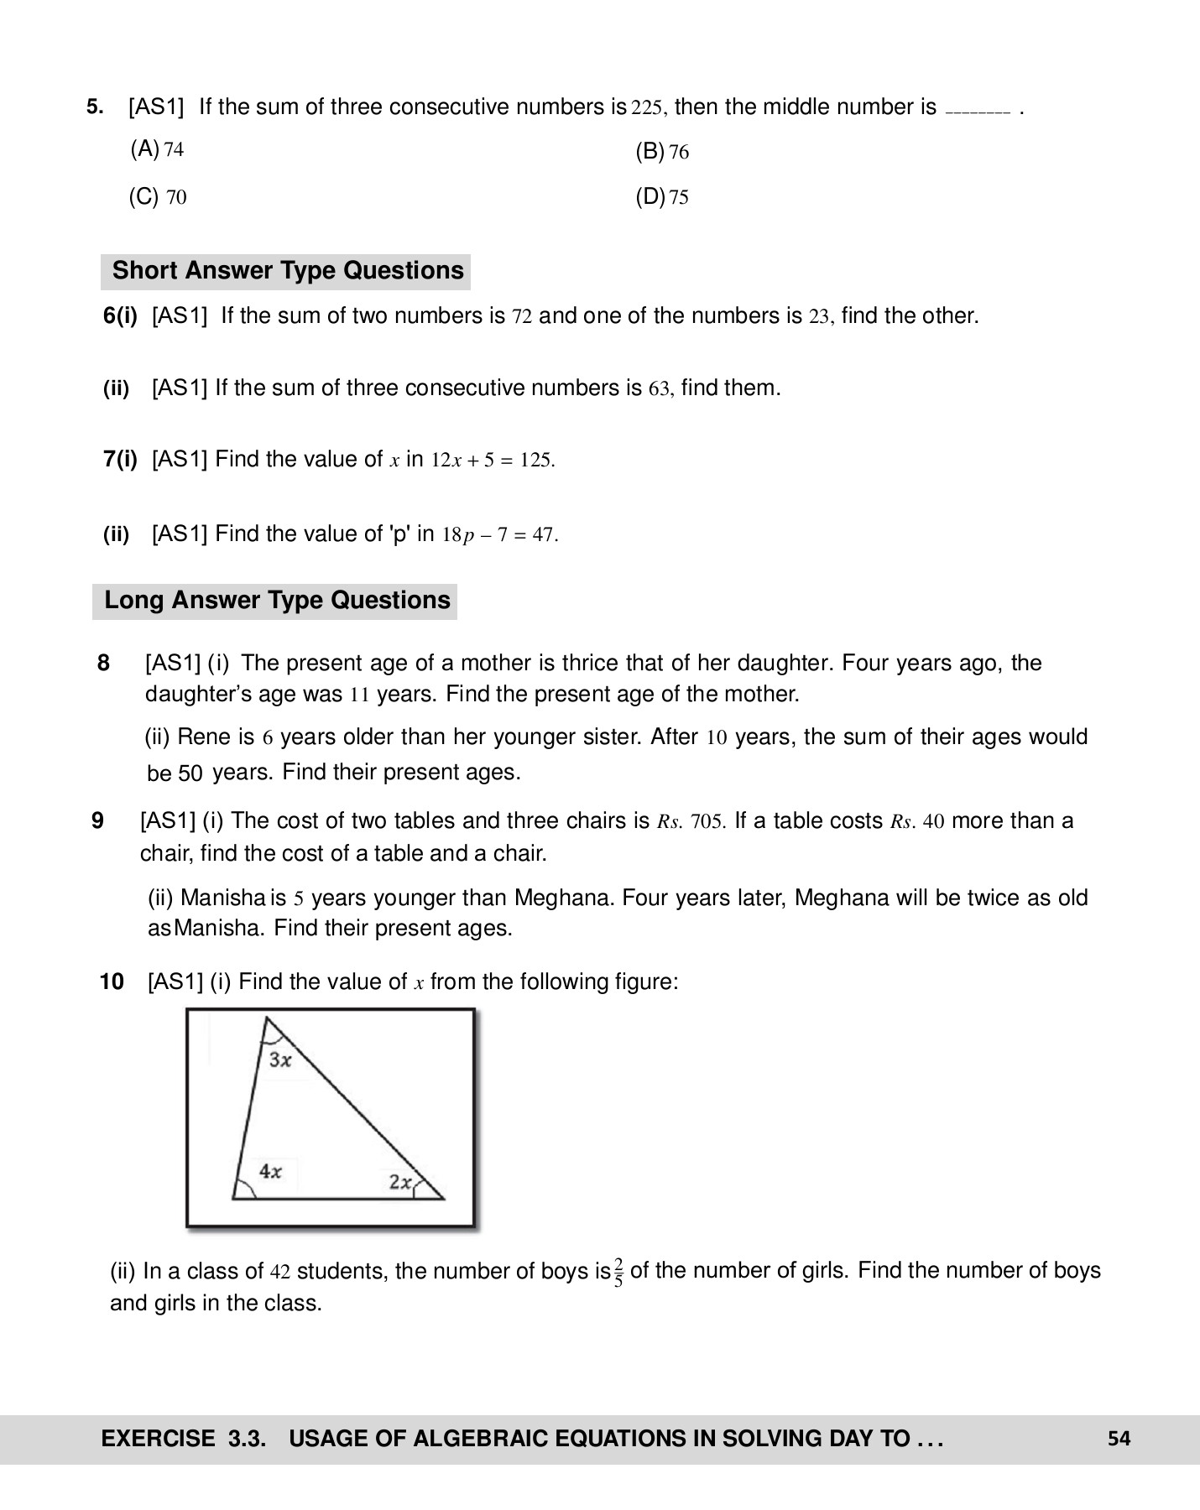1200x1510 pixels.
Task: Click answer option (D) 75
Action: click(662, 198)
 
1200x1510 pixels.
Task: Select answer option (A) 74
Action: click(157, 150)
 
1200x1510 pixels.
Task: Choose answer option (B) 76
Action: click(662, 152)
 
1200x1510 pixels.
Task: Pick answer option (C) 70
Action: click(157, 198)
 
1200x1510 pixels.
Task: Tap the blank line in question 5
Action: click(978, 110)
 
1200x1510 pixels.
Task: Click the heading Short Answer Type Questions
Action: click(287, 271)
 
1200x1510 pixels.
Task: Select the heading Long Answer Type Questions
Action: click(276, 601)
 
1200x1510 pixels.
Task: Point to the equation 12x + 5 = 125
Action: click(493, 461)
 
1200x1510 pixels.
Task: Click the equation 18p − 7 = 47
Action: click(499, 535)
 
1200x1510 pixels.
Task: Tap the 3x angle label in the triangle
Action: click(280, 1060)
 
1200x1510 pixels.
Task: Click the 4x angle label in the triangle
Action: click(269, 1171)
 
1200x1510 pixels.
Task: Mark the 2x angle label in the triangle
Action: click(401, 1182)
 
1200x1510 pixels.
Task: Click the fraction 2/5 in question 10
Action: click(618, 1272)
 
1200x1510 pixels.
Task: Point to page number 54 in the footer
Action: click(1119, 1439)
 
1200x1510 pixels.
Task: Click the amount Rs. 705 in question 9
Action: click(691, 821)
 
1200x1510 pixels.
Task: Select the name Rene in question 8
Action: click(204, 737)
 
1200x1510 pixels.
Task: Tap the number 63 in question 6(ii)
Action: click(660, 389)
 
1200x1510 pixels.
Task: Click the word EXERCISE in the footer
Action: click(158, 1439)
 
